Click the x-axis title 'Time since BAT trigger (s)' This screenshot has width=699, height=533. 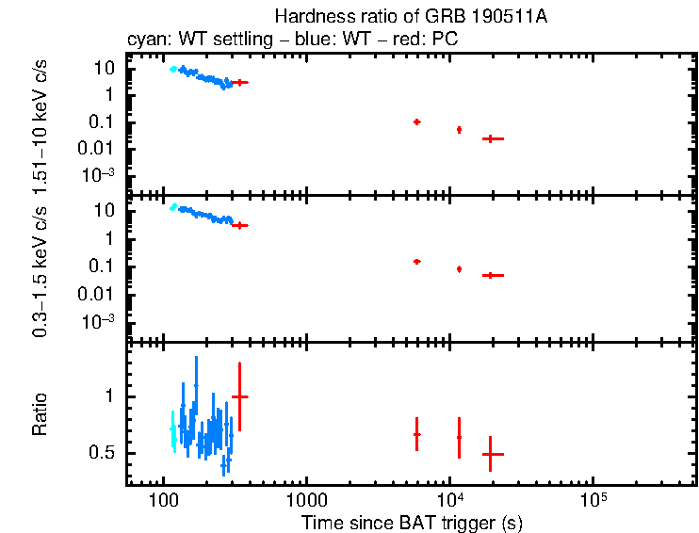point(411,523)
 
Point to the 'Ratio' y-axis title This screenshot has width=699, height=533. point(42,414)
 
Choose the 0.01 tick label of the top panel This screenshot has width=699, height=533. point(99,149)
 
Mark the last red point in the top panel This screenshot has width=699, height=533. point(493,138)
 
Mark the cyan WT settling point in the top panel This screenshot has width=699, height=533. point(172,69)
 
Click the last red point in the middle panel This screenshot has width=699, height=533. point(493,275)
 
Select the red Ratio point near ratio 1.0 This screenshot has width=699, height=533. point(240,397)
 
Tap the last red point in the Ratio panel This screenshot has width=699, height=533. point(493,454)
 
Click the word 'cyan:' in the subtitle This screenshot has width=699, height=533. point(146,40)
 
